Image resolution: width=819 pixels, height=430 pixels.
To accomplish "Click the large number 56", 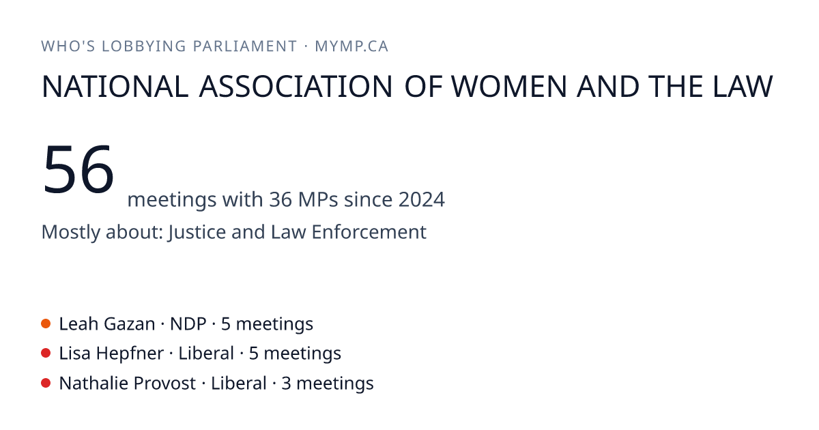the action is [78, 169].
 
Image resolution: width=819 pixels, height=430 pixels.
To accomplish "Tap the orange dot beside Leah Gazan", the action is [46, 324].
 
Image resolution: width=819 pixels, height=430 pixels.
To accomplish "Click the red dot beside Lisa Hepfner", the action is [46, 354].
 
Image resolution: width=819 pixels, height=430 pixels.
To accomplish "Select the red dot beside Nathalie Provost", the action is [46, 383].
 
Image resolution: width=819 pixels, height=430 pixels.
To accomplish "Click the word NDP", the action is [188, 324].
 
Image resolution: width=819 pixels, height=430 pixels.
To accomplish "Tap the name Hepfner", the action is [130, 354].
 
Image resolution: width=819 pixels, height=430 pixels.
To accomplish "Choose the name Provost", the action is [164, 383].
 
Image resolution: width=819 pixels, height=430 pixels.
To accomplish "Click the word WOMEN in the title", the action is [509, 87].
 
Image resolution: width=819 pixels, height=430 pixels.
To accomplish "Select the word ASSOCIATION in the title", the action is [296, 87].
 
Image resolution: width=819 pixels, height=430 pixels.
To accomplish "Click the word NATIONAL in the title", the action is [115, 87].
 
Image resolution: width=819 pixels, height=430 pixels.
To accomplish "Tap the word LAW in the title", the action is [743, 87].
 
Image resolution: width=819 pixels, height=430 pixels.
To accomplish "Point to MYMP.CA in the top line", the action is [351, 46].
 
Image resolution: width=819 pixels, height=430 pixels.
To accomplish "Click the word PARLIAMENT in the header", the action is [244, 46].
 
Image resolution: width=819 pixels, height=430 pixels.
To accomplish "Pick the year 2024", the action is [422, 199].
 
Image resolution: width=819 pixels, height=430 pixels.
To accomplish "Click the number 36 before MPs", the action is [281, 199].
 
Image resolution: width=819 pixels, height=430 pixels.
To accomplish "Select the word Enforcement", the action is [369, 232].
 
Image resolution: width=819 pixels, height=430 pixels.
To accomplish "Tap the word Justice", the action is [197, 233].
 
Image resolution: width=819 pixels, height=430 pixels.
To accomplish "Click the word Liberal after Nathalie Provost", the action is [238, 383].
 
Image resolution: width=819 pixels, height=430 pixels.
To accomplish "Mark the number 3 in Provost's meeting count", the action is [286, 383].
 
